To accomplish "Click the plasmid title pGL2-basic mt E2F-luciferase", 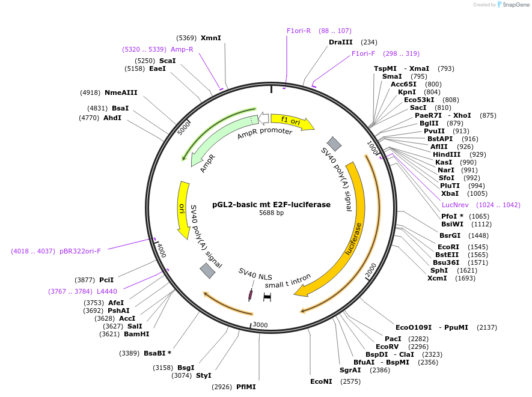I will pyautogui.click(x=271, y=204).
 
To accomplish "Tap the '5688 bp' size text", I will pyautogui.click(x=271, y=213).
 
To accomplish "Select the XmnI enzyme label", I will pyautogui.click(x=210, y=38).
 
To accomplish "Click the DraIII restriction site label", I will pyautogui.click(x=340, y=42).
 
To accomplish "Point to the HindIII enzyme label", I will pyautogui.click(x=447, y=154).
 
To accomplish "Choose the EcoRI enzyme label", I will pyautogui.click(x=448, y=247).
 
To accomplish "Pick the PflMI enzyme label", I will pyautogui.click(x=246, y=387).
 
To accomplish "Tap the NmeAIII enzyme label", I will pyautogui.click(x=121, y=92).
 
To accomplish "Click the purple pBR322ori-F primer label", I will pyautogui.click(x=80, y=251).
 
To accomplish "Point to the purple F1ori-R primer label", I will pyautogui.click(x=299, y=31).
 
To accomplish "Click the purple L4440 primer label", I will pyautogui.click(x=107, y=291).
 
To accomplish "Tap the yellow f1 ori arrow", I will pyautogui.click(x=292, y=121).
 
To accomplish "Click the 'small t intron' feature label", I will pyautogui.click(x=288, y=282).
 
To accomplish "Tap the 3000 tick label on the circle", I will pyautogui.click(x=260, y=325).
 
